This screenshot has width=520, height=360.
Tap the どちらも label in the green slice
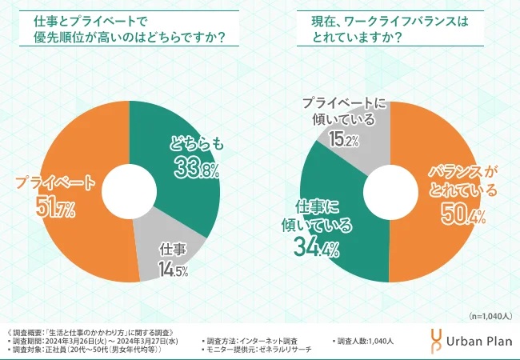192,144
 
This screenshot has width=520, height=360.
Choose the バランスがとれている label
462,182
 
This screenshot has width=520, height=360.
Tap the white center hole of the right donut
390,192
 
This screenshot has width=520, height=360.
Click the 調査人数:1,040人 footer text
368,342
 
